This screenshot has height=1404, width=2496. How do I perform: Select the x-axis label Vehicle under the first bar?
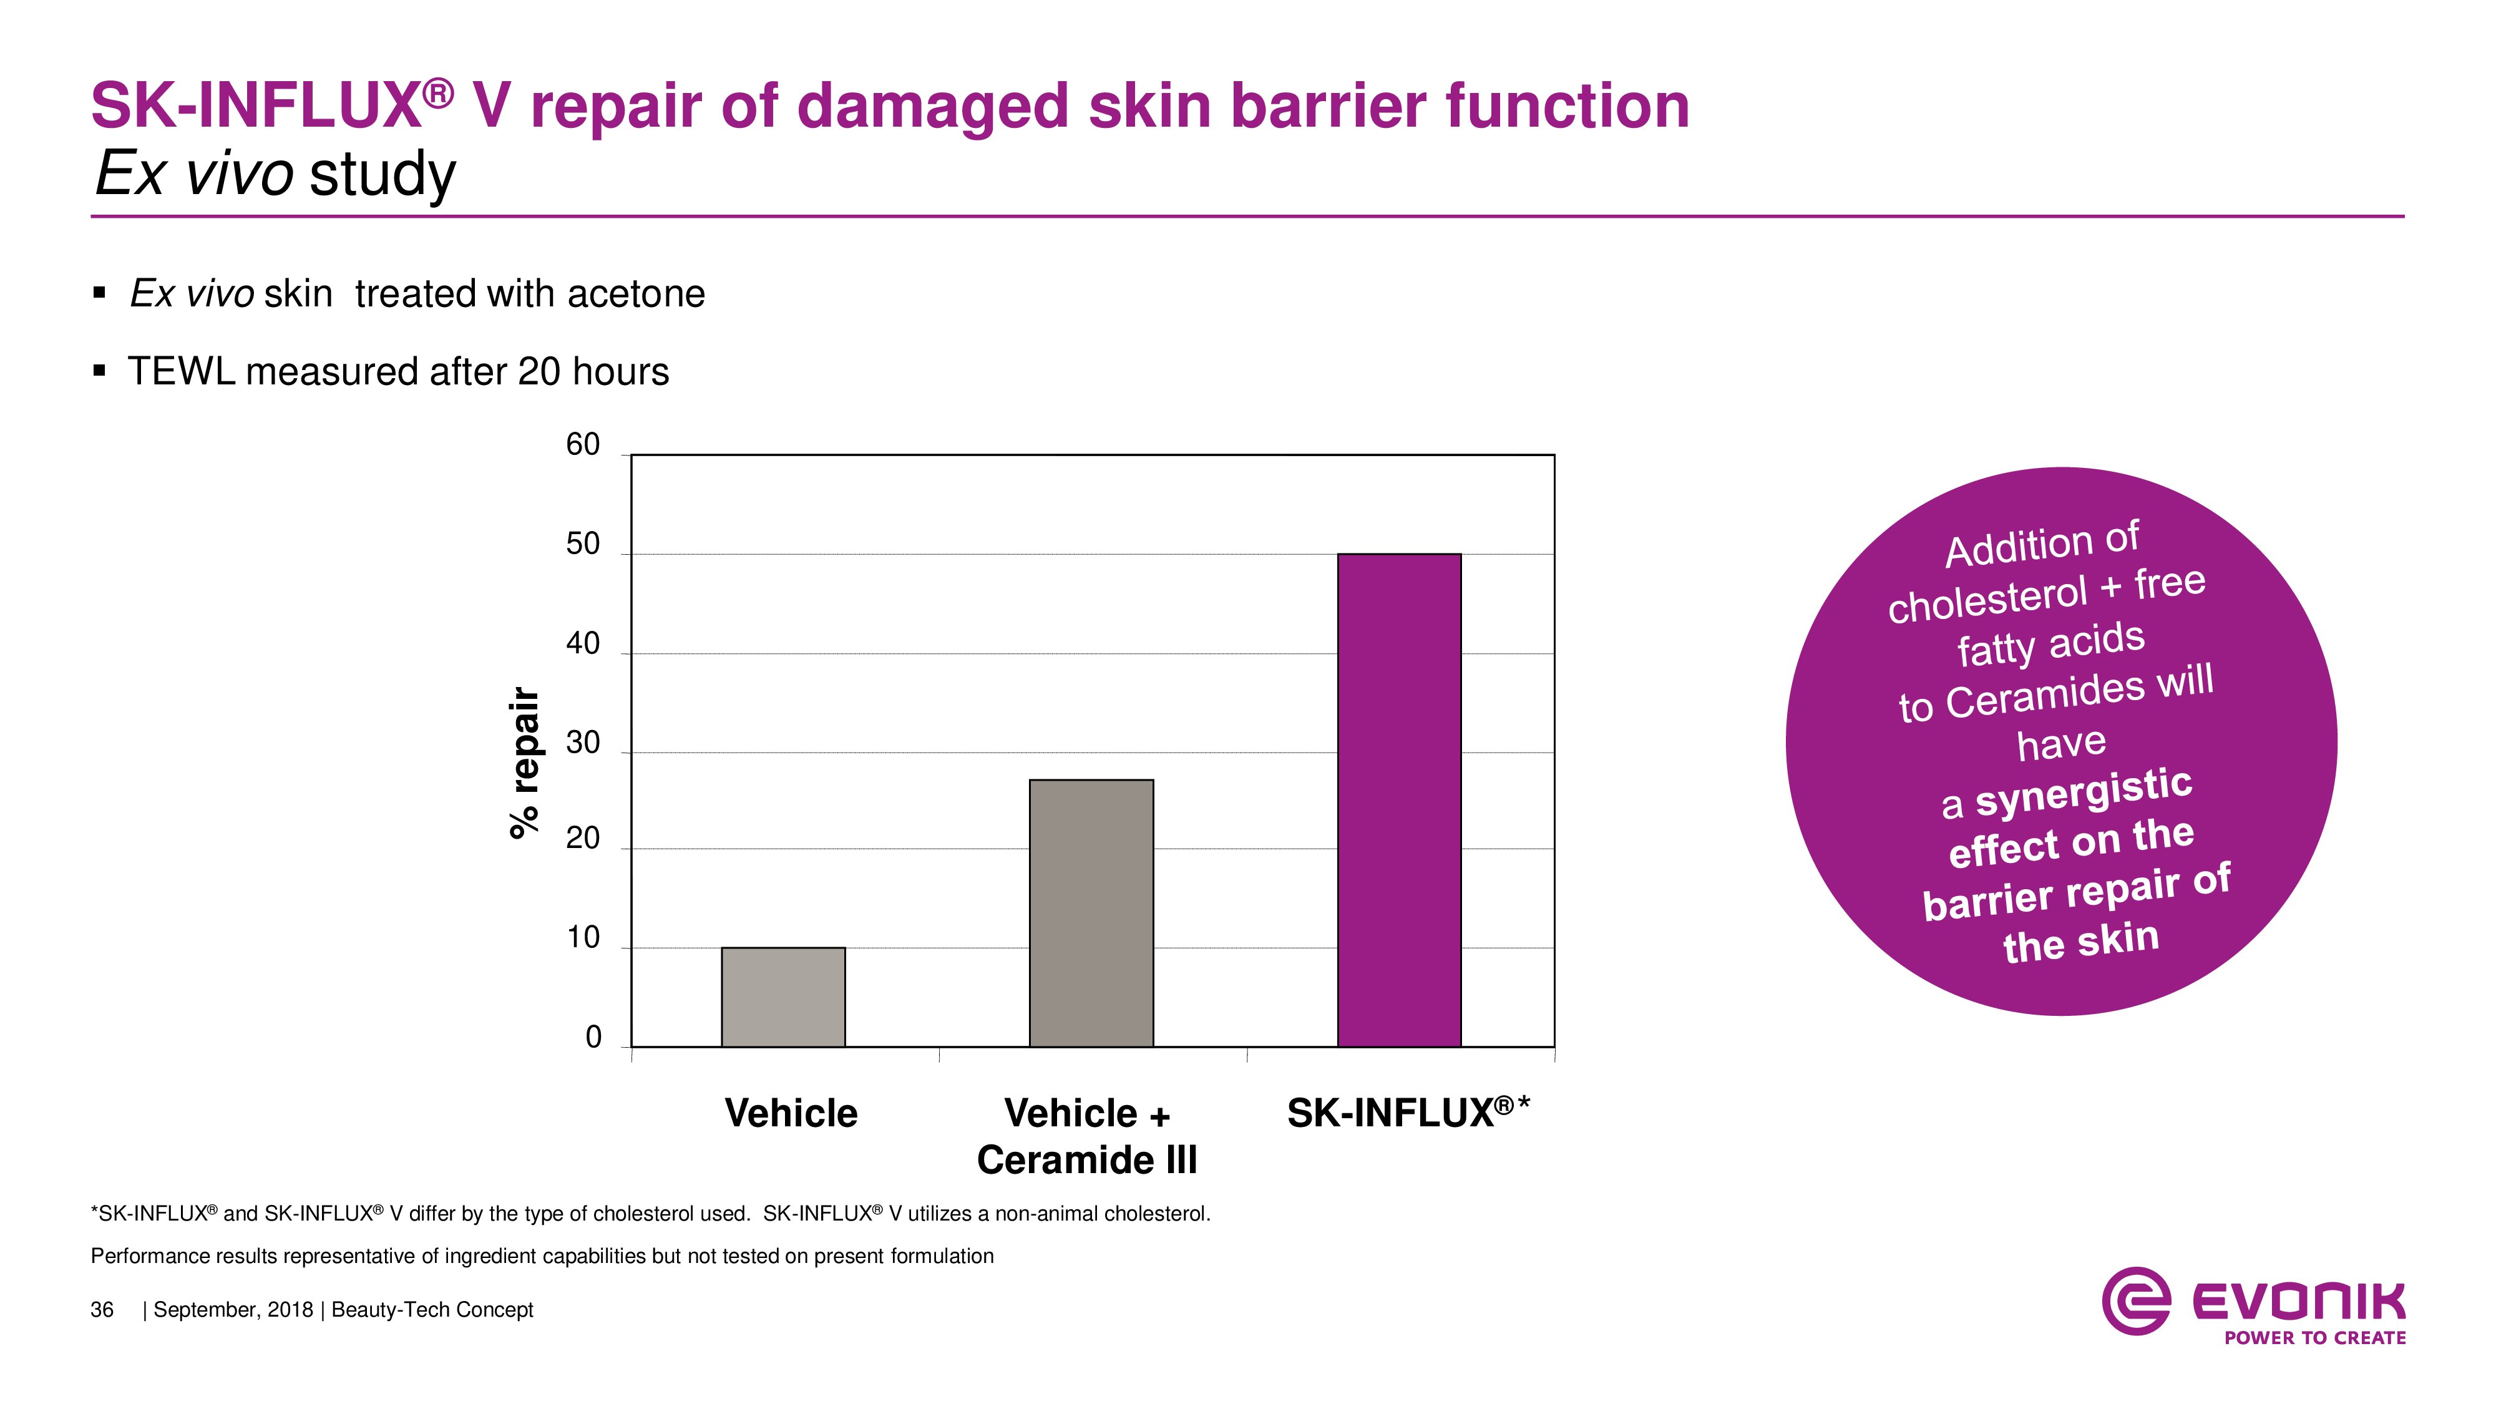[x=791, y=1113]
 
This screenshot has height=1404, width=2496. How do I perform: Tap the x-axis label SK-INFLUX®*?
[x=1407, y=1113]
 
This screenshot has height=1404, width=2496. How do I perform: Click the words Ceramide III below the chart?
[x=1087, y=1160]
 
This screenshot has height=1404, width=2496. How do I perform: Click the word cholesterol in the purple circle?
[x=1987, y=601]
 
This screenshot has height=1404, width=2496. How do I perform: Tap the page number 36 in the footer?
[x=102, y=1310]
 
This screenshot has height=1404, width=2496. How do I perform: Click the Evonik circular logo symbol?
[x=2135, y=1300]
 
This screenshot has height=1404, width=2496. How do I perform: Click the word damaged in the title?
[x=932, y=107]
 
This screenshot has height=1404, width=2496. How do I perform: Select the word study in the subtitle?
[x=382, y=175]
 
